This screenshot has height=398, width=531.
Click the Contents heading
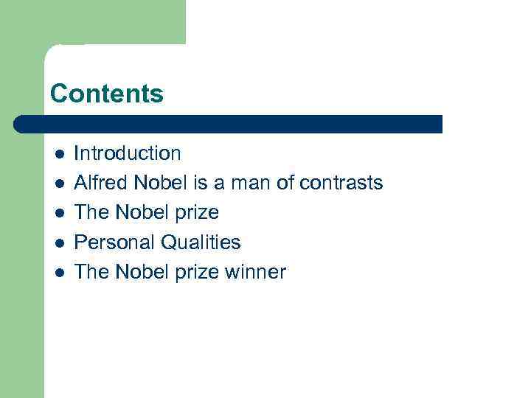(106, 94)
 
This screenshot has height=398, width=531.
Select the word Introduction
(128, 153)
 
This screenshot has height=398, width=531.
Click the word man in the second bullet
(251, 183)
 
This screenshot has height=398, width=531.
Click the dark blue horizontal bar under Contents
(229, 124)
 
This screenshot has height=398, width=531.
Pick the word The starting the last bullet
(91, 272)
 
